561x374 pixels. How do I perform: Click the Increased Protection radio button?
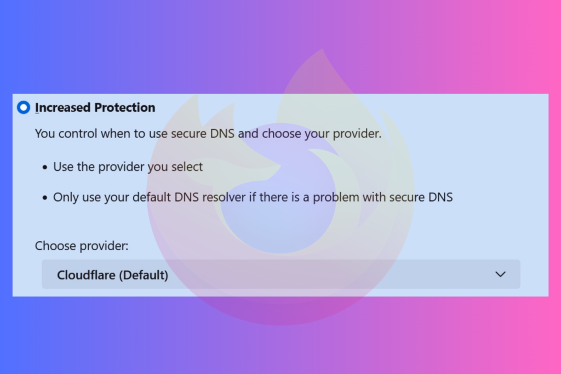coord(24,107)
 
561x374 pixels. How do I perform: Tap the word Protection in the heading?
coord(124,107)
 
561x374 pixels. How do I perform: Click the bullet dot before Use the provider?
coord(44,168)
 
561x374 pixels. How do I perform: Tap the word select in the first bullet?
coord(186,167)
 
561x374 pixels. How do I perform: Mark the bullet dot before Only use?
coord(44,198)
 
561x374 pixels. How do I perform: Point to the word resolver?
coord(224,197)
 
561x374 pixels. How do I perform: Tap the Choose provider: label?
coord(82,246)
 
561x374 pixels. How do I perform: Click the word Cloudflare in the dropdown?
coord(86,274)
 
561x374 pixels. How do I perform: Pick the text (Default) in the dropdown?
coord(144,274)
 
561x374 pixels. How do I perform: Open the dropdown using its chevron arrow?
coord(500,274)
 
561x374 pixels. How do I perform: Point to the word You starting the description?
coord(44,134)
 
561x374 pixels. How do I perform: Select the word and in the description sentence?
coord(249,134)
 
